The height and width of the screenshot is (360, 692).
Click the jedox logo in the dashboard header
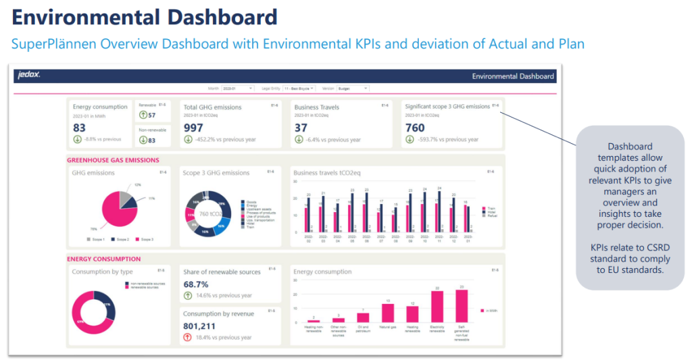(29, 76)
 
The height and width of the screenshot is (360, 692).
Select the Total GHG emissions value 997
(193, 128)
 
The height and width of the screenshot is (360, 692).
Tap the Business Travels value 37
(300, 128)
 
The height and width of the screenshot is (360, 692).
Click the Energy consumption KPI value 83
(79, 128)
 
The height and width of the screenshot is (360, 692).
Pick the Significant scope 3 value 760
(415, 128)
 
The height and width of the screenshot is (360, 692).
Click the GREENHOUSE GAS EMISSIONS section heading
(113, 160)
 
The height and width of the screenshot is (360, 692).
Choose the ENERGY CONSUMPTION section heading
(103, 259)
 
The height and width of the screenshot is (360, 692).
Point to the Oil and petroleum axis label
(363, 329)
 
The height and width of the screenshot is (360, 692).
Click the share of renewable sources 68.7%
(196, 284)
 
